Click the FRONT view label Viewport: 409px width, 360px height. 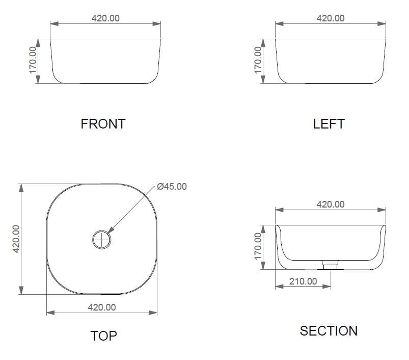[103, 124]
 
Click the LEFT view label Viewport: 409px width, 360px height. [329, 124]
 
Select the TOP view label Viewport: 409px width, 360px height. [103, 336]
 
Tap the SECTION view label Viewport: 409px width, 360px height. [329, 331]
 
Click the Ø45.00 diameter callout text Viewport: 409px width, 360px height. [172, 187]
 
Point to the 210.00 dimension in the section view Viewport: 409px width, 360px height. [303, 281]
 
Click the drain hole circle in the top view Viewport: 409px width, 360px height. [101, 238]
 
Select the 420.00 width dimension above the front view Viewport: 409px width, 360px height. [105, 18]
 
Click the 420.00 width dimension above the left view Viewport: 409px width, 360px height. [331, 18]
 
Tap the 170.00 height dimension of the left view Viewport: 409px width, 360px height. [258, 60]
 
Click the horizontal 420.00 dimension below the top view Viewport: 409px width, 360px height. [102, 307]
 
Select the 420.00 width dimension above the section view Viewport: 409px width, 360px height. [331, 204]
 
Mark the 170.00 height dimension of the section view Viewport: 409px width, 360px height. [258, 246]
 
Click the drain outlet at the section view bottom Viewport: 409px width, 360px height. [331, 265]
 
